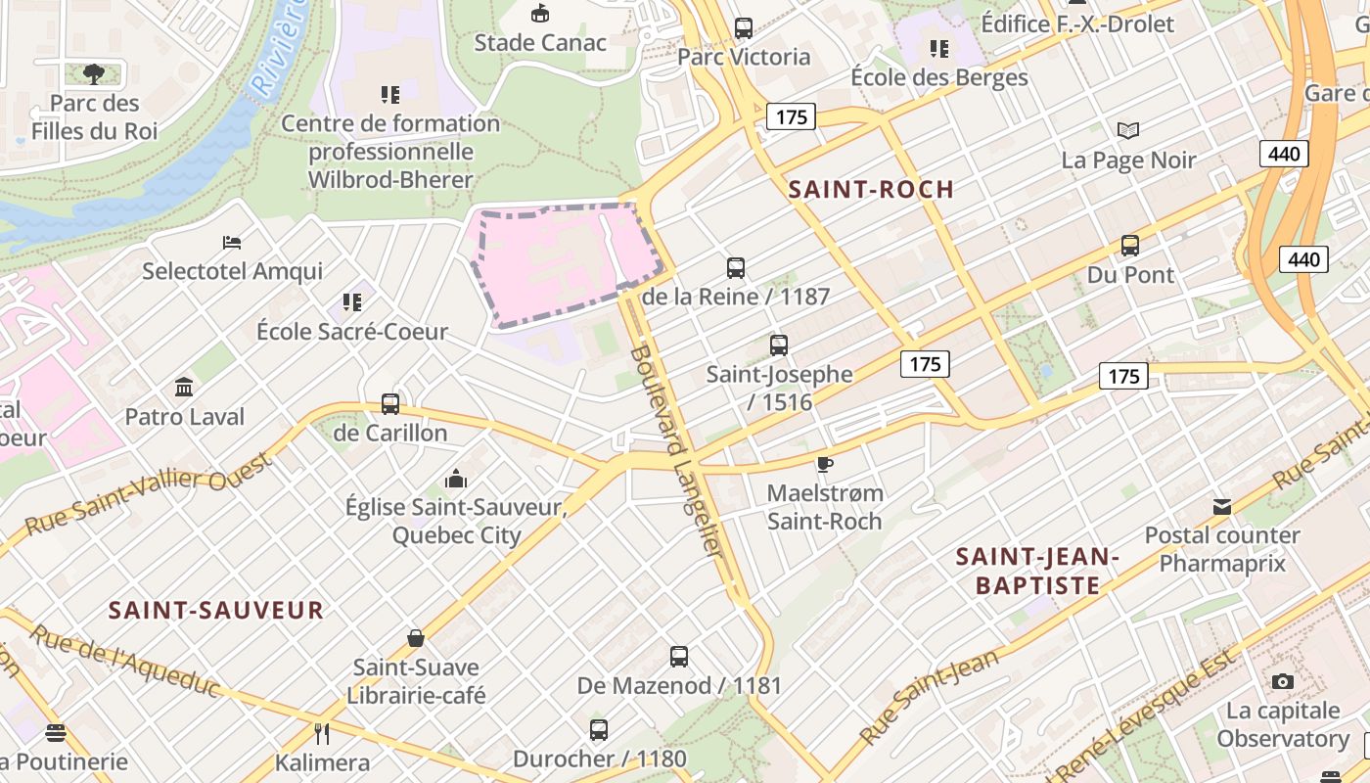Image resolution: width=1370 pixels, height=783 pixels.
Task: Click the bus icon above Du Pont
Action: [1130, 246]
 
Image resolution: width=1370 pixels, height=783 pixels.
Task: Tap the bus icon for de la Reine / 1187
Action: [736, 267]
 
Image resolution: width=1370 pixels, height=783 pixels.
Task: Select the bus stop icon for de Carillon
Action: [389, 403]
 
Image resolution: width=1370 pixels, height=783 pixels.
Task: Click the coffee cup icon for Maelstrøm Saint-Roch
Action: [825, 463]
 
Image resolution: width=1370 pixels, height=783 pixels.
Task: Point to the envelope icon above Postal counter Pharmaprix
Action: [1222, 507]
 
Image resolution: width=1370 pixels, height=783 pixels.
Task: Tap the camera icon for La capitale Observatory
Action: [1282, 681]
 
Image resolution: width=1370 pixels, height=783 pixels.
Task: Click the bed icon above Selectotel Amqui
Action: [232, 242]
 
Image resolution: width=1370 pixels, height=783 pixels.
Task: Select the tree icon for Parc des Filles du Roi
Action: [93, 73]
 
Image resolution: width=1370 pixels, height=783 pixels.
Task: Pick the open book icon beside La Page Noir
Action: [1128, 130]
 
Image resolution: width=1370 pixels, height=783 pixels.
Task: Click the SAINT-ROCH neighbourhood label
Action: [871, 190]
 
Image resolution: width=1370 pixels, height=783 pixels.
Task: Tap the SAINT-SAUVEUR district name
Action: [215, 611]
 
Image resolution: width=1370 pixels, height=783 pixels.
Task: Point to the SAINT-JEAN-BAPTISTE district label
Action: [1037, 572]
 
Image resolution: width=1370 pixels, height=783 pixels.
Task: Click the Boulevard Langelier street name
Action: [677, 452]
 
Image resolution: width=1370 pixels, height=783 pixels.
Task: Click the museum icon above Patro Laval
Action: [184, 388]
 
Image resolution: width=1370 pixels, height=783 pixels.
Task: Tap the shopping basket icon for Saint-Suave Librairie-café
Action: [416, 638]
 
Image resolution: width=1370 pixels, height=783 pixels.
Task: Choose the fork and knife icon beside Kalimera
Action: [321, 733]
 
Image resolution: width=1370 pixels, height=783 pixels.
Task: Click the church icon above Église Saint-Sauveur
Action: [455, 479]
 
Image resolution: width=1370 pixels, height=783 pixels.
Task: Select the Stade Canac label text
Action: [540, 43]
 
